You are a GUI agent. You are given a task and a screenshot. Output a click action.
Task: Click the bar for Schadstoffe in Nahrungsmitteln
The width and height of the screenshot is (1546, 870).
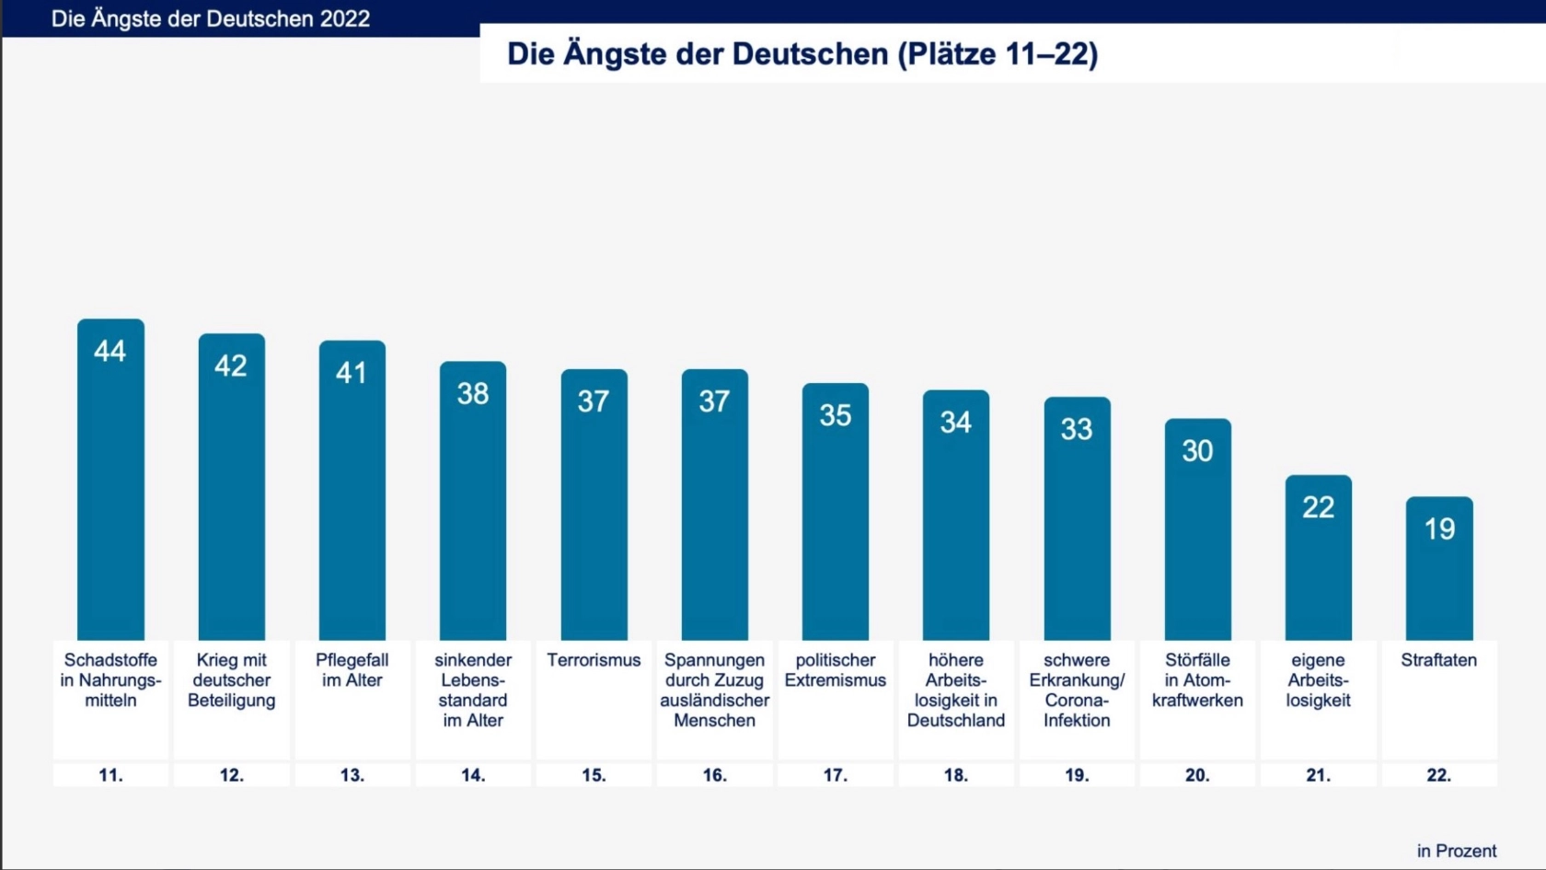tap(110, 497)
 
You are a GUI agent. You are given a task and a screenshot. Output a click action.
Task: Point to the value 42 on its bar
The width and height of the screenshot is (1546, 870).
tap(231, 366)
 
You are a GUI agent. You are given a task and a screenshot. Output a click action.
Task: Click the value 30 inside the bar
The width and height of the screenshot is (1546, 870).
tap(1197, 451)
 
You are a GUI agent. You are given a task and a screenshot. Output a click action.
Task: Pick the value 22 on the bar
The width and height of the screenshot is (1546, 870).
tap(1318, 507)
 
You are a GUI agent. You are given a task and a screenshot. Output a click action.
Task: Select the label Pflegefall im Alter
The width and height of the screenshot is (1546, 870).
tap(352, 670)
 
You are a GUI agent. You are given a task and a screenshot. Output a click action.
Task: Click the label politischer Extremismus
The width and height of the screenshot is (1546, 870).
tap(835, 670)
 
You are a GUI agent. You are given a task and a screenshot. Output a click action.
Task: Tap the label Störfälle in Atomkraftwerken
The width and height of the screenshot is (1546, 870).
tap(1197, 680)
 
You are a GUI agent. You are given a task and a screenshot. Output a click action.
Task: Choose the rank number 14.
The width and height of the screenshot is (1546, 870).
tap(473, 775)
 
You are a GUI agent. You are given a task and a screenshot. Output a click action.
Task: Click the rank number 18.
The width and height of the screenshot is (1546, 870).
tap(955, 775)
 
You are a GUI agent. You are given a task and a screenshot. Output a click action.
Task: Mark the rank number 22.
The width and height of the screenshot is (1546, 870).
tap(1438, 775)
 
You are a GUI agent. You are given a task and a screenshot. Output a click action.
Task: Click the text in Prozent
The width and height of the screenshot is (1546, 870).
tap(1456, 851)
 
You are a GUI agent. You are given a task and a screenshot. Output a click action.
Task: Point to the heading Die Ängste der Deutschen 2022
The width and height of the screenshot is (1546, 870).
tap(211, 19)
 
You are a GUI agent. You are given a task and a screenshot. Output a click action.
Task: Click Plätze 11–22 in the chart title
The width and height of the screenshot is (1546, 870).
tap(998, 53)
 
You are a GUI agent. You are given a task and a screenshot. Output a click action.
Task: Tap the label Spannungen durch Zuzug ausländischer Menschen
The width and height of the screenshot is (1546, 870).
tap(714, 690)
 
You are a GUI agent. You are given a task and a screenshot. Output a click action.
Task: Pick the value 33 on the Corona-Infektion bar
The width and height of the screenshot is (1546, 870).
tap(1077, 429)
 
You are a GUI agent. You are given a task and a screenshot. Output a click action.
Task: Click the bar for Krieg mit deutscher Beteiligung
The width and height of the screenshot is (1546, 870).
tap(231, 506)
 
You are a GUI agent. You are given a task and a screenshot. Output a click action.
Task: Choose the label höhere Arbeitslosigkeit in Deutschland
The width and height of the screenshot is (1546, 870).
tap(955, 690)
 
